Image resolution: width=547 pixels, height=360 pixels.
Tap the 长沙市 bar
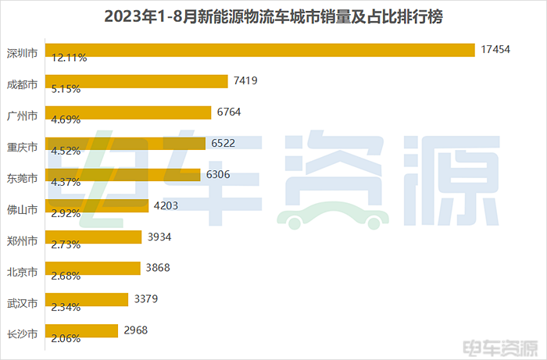click(81, 330)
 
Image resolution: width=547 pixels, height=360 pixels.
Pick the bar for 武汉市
click(87, 299)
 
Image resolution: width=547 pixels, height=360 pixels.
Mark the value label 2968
click(134, 330)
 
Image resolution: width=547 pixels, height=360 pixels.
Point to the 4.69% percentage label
click(66, 120)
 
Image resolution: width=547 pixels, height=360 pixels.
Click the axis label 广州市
click(22, 116)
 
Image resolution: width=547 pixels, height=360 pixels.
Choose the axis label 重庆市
click(22, 147)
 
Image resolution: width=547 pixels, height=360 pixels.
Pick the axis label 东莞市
click(22, 178)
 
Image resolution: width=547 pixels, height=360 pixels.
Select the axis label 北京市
click(22, 272)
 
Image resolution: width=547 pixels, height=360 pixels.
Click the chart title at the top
click(273, 16)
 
